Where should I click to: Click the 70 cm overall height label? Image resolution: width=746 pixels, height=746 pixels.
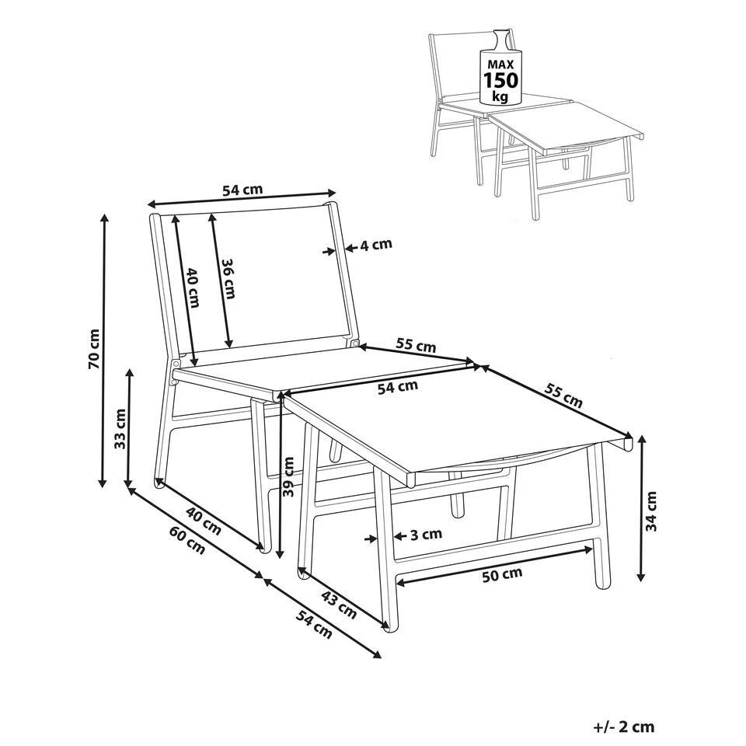click(95, 349)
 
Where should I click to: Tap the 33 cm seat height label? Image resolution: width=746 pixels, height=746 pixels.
click(120, 429)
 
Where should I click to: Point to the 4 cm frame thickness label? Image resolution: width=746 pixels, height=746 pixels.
click(376, 245)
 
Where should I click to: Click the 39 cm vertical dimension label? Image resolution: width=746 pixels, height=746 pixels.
click(288, 476)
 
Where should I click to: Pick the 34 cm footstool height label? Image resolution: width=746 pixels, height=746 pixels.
click(650, 511)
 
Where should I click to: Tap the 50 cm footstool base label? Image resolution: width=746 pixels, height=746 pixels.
click(502, 575)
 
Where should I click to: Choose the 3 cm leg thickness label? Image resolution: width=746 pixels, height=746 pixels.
click(427, 535)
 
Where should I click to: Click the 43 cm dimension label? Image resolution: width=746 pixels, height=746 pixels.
click(338, 605)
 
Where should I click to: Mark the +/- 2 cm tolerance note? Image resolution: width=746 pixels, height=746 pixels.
click(624, 727)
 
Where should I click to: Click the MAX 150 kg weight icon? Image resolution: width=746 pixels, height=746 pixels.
click(499, 68)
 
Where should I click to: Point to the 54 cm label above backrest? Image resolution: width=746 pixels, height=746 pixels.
click(242, 190)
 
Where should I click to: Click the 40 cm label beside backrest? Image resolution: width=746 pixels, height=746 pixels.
click(192, 288)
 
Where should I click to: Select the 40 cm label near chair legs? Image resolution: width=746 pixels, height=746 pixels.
click(203, 521)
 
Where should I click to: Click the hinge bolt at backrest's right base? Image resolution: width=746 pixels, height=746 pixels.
click(354, 343)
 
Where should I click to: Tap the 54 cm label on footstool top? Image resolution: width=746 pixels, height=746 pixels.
click(398, 387)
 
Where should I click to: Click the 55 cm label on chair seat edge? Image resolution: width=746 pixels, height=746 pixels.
click(417, 345)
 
